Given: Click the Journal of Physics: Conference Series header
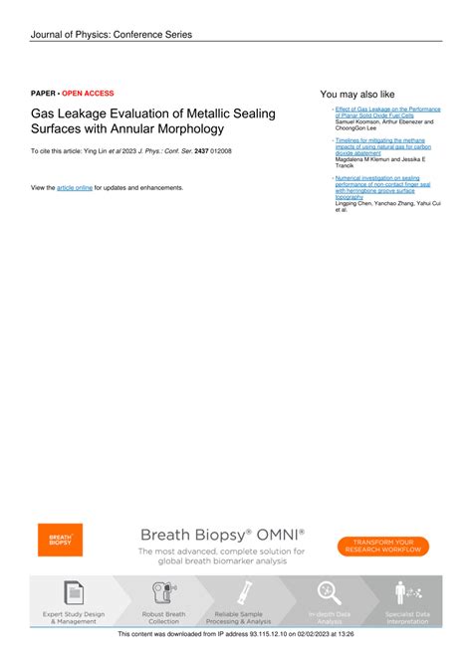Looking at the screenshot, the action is (x=111, y=35).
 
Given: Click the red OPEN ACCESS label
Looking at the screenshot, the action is (x=88, y=93).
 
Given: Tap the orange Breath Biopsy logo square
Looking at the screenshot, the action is (x=61, y=541).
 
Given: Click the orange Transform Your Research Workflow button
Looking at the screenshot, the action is (x=383, y=544).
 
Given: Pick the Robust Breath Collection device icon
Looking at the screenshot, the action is (x=163, y=593).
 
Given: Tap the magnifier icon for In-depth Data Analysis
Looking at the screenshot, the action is (x=330, y=593).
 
